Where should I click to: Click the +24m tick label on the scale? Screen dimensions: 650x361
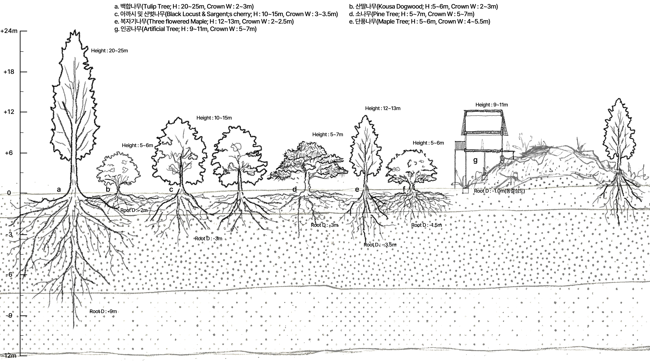[x=9, y=31]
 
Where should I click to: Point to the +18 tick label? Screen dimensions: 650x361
[x=9, y=72]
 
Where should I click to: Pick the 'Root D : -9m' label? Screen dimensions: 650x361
[x=103, y=311]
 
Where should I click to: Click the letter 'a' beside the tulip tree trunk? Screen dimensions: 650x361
[x=59, y=189]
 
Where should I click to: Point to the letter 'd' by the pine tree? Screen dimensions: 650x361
[x=294, y=189]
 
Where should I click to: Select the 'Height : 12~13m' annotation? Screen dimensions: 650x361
[x=383, y=108]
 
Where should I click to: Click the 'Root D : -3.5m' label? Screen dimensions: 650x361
[x=380, y=245]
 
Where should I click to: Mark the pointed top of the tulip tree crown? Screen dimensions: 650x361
[x=75, y=30]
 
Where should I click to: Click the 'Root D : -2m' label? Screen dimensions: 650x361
[x=134, y=210]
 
